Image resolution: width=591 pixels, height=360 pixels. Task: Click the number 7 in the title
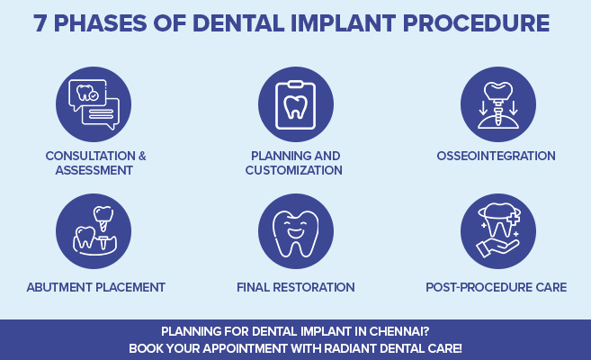[41, 23]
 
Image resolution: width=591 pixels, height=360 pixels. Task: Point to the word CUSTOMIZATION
[295, 170]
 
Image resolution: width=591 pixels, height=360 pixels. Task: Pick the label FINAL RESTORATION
[296, 287]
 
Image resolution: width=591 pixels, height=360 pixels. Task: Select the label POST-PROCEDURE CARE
[497, 287]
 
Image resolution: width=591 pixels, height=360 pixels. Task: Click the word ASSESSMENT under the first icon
[96, 170]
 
